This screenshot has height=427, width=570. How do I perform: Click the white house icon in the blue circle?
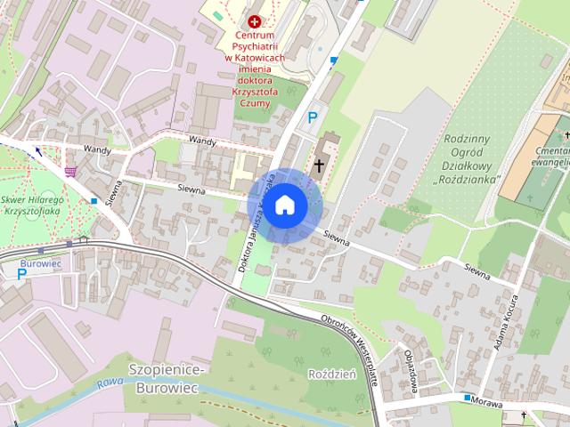coord(284,205)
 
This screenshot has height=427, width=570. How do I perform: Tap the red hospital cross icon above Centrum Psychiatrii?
coord(256,20)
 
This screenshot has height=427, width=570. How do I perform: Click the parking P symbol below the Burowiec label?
coord(21,275)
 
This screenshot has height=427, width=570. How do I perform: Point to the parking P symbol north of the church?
coord(313,117)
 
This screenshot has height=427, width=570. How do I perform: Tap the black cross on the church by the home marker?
coord(318,165)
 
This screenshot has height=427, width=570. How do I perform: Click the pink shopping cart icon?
coord(70,170)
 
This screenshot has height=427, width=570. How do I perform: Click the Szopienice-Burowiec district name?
coord(167,378)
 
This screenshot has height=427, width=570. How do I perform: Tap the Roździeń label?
coord(331,375)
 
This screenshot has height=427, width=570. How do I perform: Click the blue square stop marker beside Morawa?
coord(467,398)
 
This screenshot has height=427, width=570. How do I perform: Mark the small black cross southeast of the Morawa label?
coord(525,415)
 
